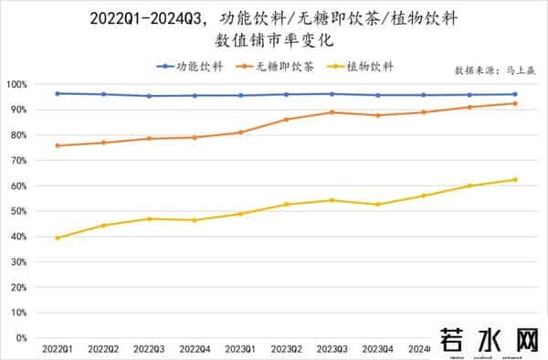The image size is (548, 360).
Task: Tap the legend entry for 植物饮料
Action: (x=371, y=66)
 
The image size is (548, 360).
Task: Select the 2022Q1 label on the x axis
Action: (x=57, y=349)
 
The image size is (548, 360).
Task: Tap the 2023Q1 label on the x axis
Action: (x=240, y=349)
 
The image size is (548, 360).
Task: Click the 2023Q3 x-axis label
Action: (x=332, y=349)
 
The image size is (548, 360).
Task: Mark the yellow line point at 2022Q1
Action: (x=57, y=238)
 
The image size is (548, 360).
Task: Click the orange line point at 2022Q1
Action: (x=57, y=145)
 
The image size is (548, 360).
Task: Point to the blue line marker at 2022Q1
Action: (x=57, y=93)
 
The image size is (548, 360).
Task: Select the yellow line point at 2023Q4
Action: (x=377, y=204)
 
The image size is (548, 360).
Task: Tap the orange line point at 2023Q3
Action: (x=332, y=112)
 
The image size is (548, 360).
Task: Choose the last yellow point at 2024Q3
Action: (x=515, y=179)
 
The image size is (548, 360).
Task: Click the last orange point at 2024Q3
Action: (x=515, y=103)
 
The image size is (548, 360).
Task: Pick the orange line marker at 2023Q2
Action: (x=286, y=120)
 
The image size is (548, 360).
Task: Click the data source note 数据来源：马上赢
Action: (x=493, y=69)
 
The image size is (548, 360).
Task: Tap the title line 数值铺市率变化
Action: (x=273, y=41)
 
